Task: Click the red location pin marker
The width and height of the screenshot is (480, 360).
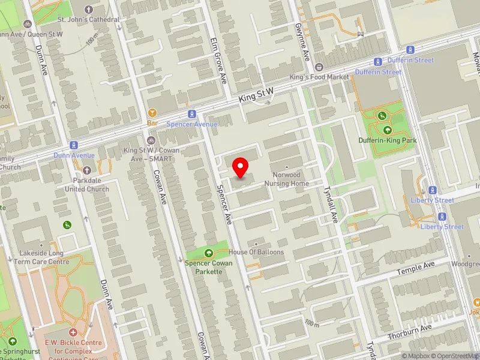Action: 241,167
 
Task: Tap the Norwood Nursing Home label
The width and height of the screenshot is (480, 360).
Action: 287,179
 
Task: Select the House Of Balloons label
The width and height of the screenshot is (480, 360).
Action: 256,252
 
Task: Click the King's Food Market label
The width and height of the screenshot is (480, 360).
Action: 319,77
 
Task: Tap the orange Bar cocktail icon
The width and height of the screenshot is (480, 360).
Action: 152,112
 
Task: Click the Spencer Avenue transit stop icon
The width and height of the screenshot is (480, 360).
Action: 191,113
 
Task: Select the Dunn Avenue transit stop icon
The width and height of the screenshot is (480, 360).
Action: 74,145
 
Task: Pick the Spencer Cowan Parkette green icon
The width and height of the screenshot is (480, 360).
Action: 209,253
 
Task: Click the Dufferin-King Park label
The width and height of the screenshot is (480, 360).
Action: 388,140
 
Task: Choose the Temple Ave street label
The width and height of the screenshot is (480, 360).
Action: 416,268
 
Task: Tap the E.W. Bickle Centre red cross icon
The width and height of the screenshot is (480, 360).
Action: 73,332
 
